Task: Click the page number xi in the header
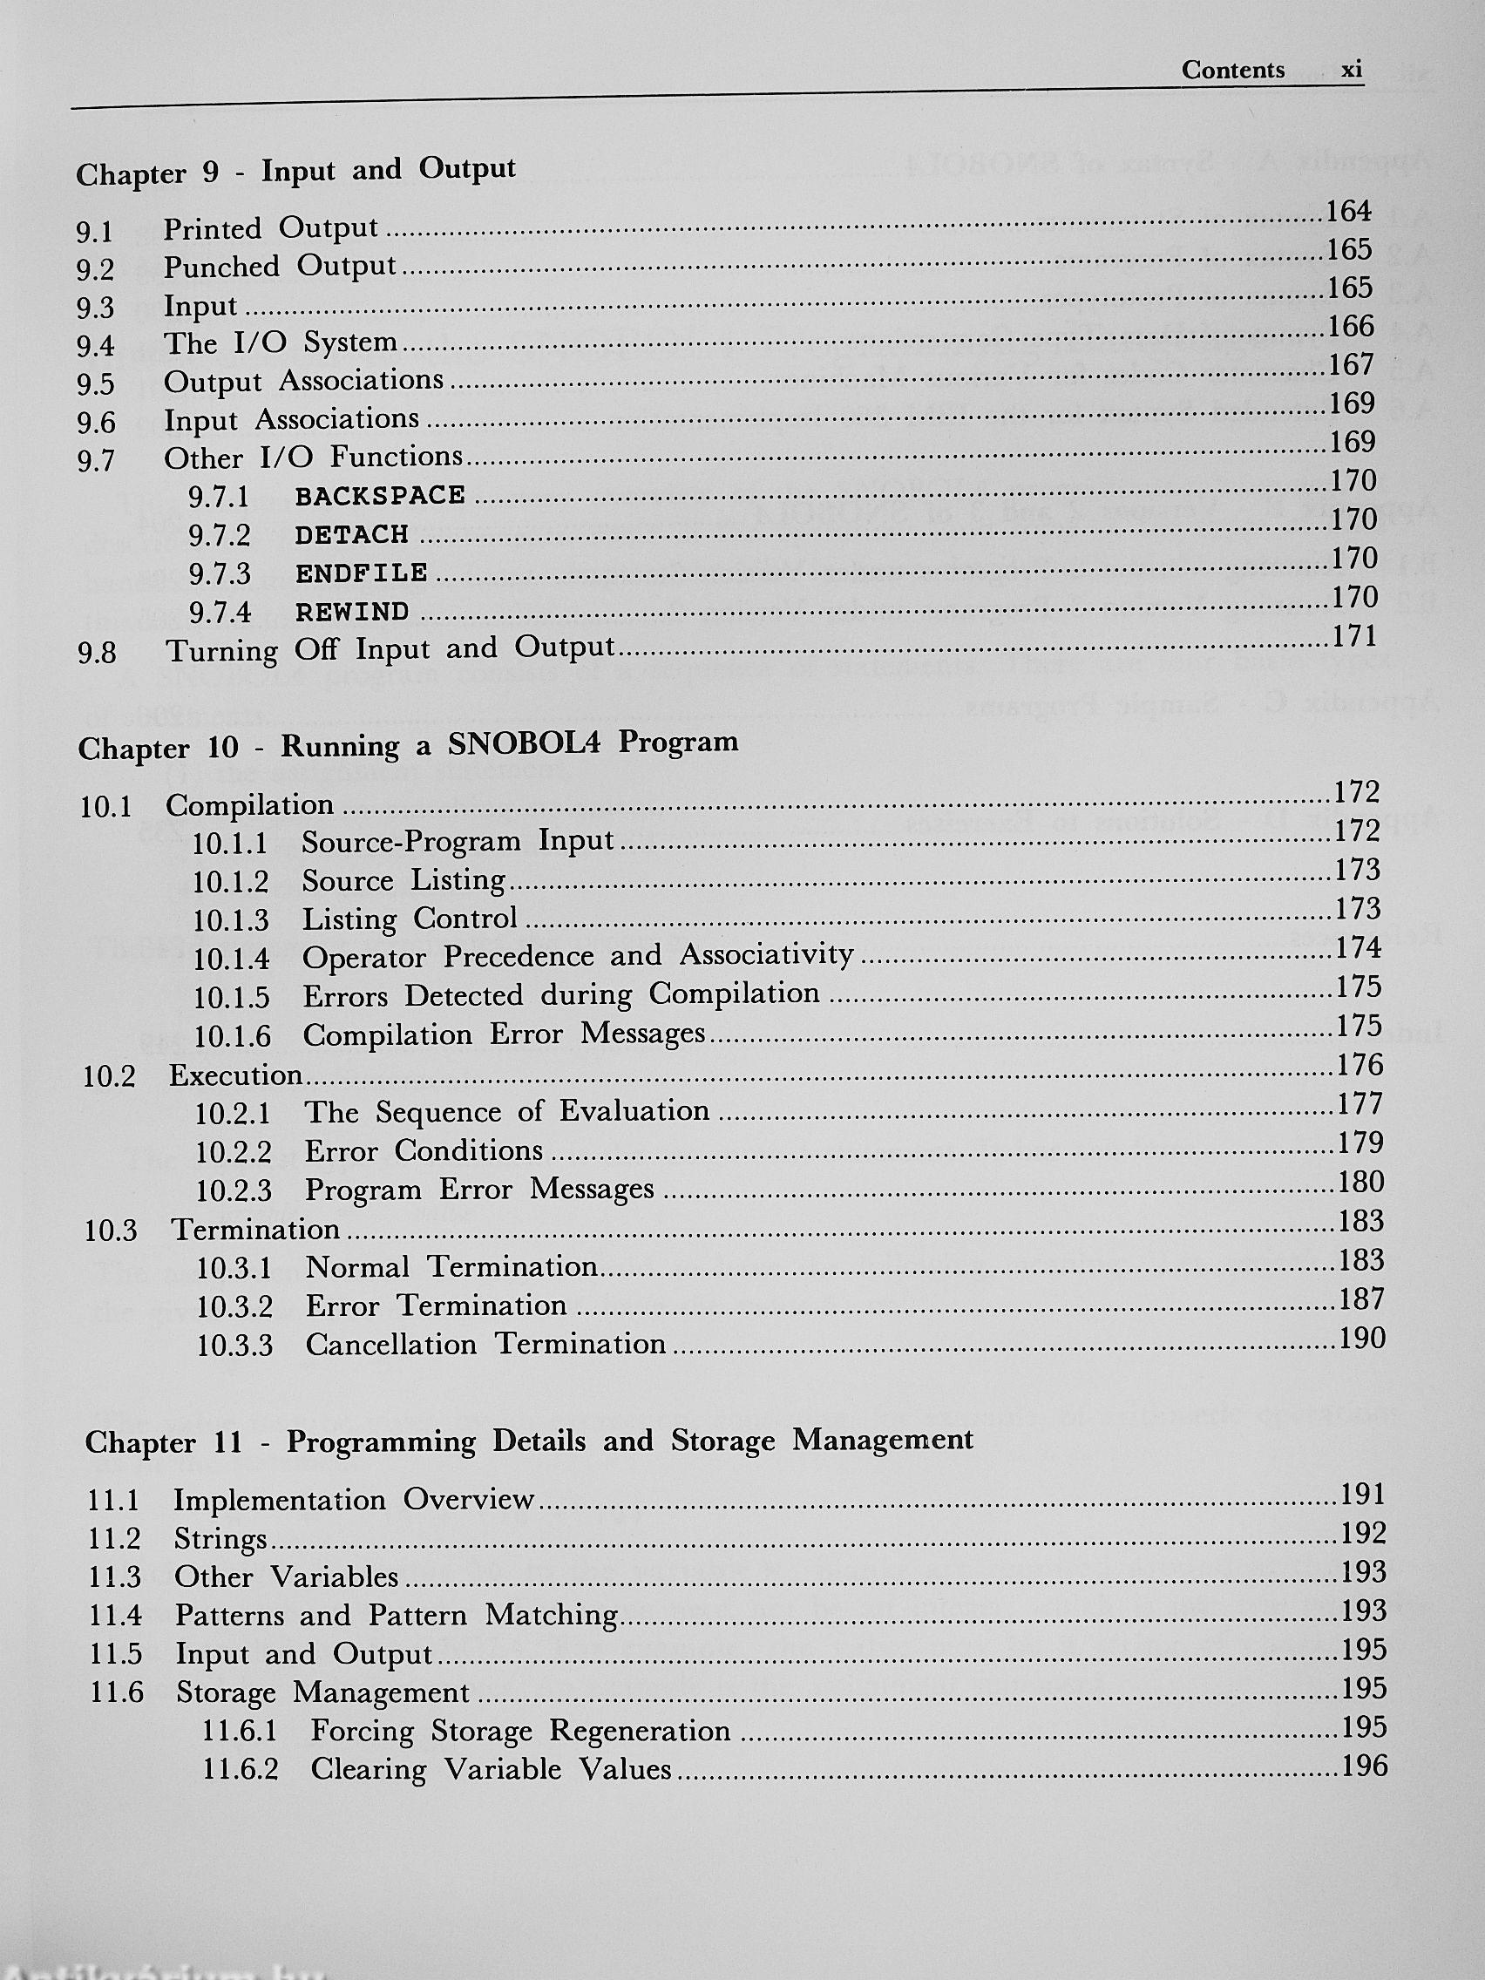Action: tap(1351, 71)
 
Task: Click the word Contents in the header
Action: tap(1232, 71)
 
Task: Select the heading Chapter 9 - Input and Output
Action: tap(295, 171)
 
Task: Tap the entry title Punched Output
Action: tap(279, 267)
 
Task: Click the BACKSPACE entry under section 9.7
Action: tap(381, 496)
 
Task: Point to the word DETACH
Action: tap(352, 534)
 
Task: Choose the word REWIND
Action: tap(353, 613)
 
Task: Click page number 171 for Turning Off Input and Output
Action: tap(1353, 636)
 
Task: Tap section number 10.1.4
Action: tap(231, 959)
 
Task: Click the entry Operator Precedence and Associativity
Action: tap(577, 956)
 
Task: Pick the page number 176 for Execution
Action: tap(1360, 1065)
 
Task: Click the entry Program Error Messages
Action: tap(480, 1190)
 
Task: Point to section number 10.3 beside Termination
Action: tap(110, 1231)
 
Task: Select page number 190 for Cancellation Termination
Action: tap(1361, 1339)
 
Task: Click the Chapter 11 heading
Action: tap(528, 1441)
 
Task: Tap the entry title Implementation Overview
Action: tap(355, 1499)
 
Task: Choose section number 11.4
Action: tap(115, 1616)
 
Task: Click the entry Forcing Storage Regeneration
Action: tap(520, 1730)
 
